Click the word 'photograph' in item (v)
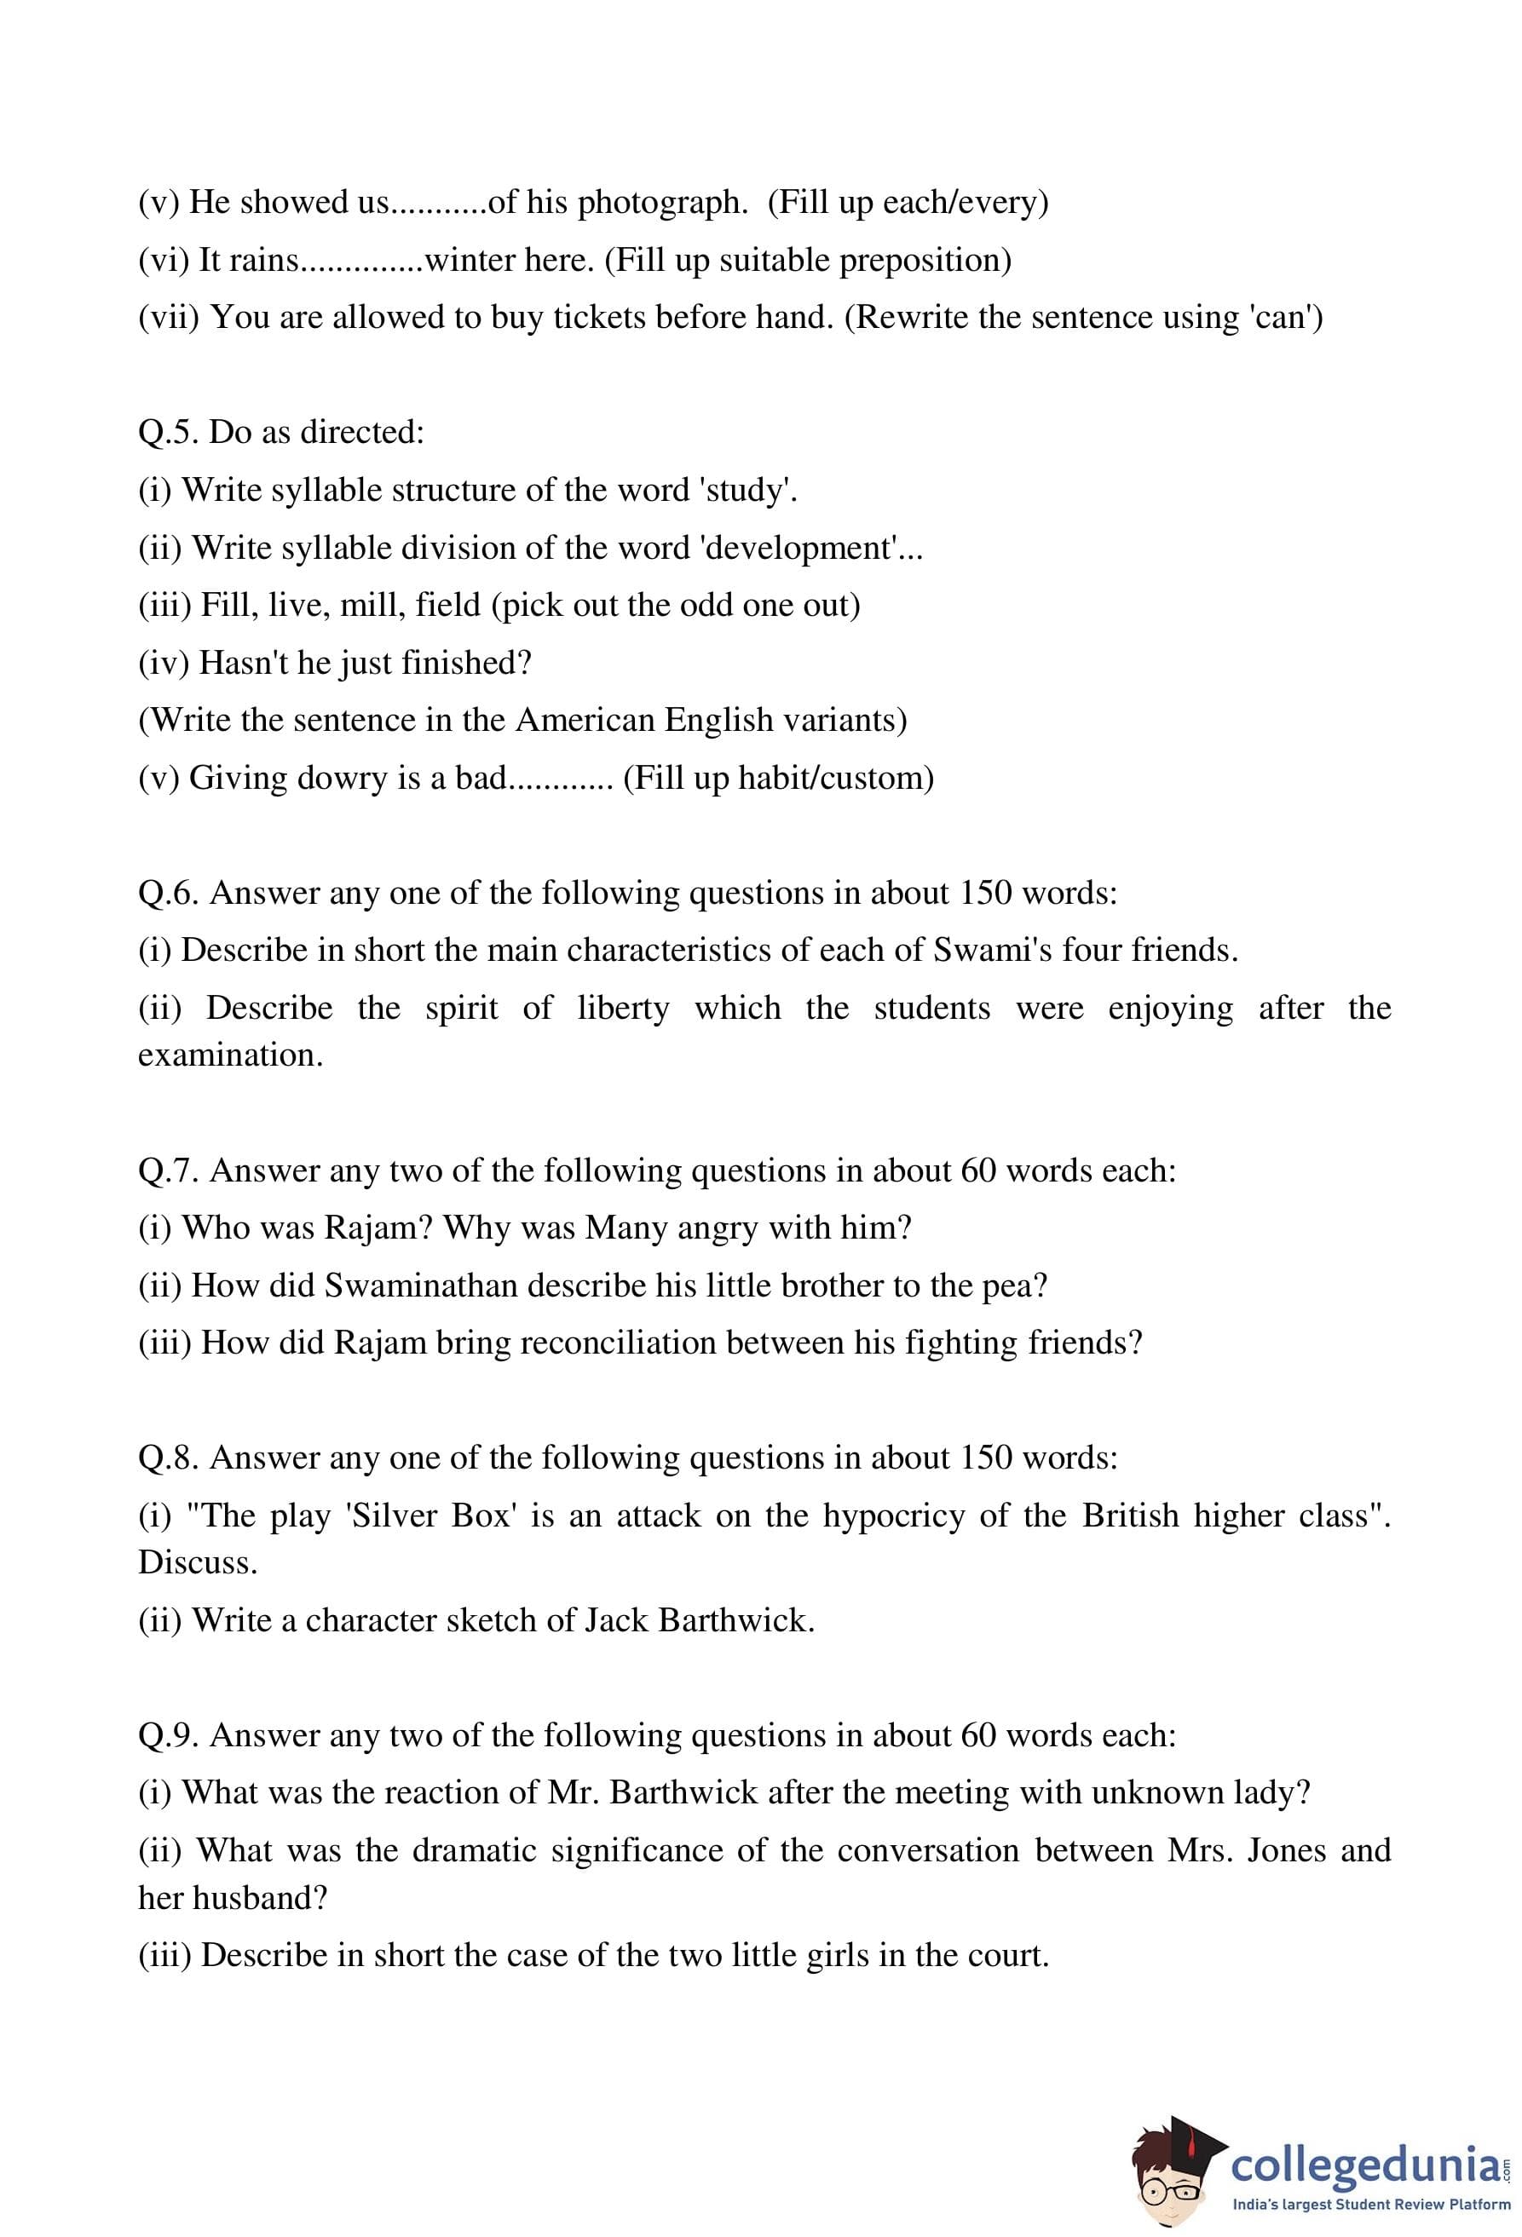pos(662,202)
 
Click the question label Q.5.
pos(169,432)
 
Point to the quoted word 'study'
pos(751,491)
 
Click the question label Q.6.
pos(169,894)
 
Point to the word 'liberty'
pos(623,1008)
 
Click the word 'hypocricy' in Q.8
pos(893,1516)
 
